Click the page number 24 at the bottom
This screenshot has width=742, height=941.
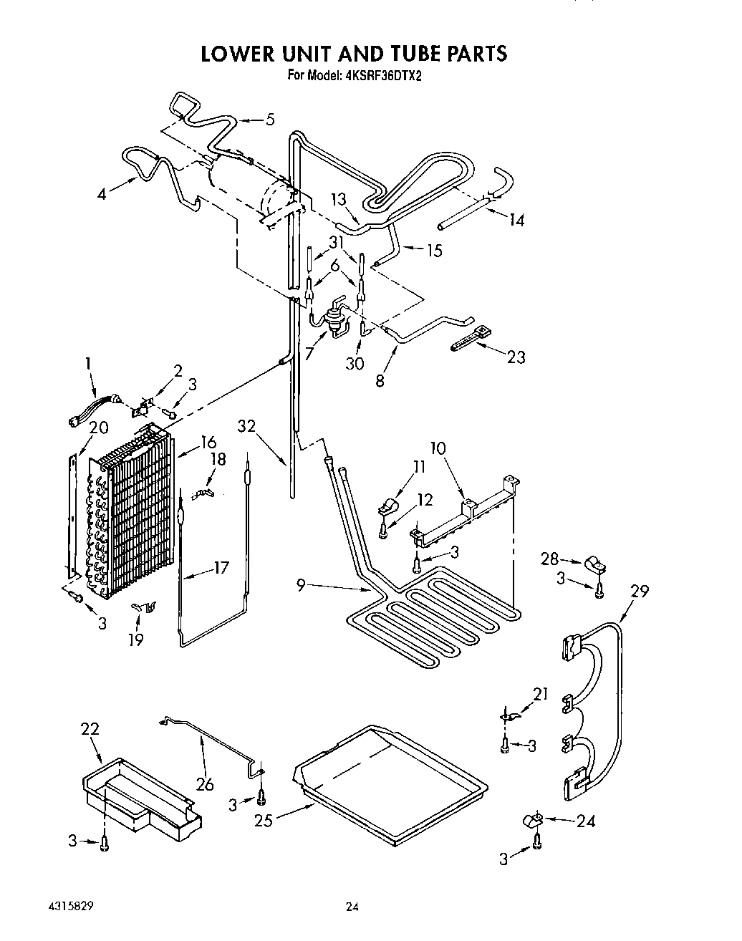point(351,907)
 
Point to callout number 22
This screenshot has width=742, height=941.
point(90,729)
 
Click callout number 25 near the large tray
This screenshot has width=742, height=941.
point(264,821)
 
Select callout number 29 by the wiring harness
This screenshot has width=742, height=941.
point(640,592)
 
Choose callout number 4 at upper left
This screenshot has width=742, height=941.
point(102,193)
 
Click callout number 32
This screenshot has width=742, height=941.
point(247,427)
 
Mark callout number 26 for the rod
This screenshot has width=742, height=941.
point(205,784)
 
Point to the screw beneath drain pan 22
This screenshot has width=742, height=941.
point(105,845)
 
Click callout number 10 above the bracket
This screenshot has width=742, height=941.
point(438,449)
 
